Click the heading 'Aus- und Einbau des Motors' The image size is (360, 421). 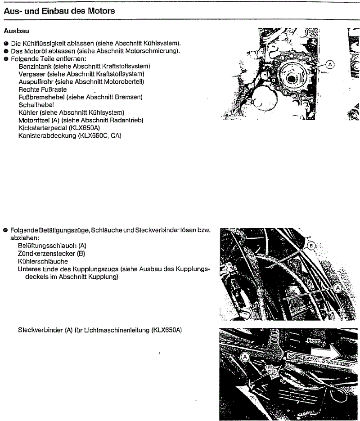click(x=59, y=11)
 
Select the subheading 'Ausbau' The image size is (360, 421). click(x=17, y=32)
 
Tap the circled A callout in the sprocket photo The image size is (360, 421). click(x=330, y=65)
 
